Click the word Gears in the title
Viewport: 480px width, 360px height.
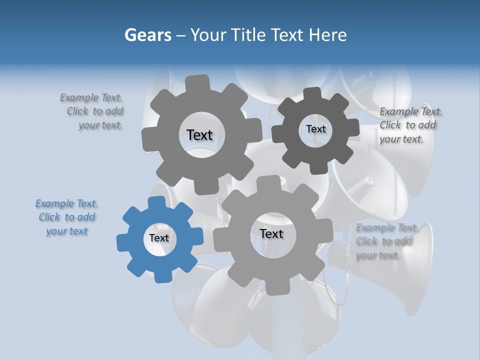click(148, 35)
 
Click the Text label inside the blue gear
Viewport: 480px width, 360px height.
click(159, 238)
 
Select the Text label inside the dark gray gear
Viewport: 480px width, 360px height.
click(315, 129)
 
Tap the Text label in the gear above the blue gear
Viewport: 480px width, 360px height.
click(199, 135)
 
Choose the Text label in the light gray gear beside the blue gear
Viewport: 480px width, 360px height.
click(271, 233)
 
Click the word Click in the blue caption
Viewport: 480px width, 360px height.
click(49, 217)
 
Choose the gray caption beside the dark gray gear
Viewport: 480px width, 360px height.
click(410, 125)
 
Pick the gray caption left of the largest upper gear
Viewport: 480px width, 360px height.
click(92, 111)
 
